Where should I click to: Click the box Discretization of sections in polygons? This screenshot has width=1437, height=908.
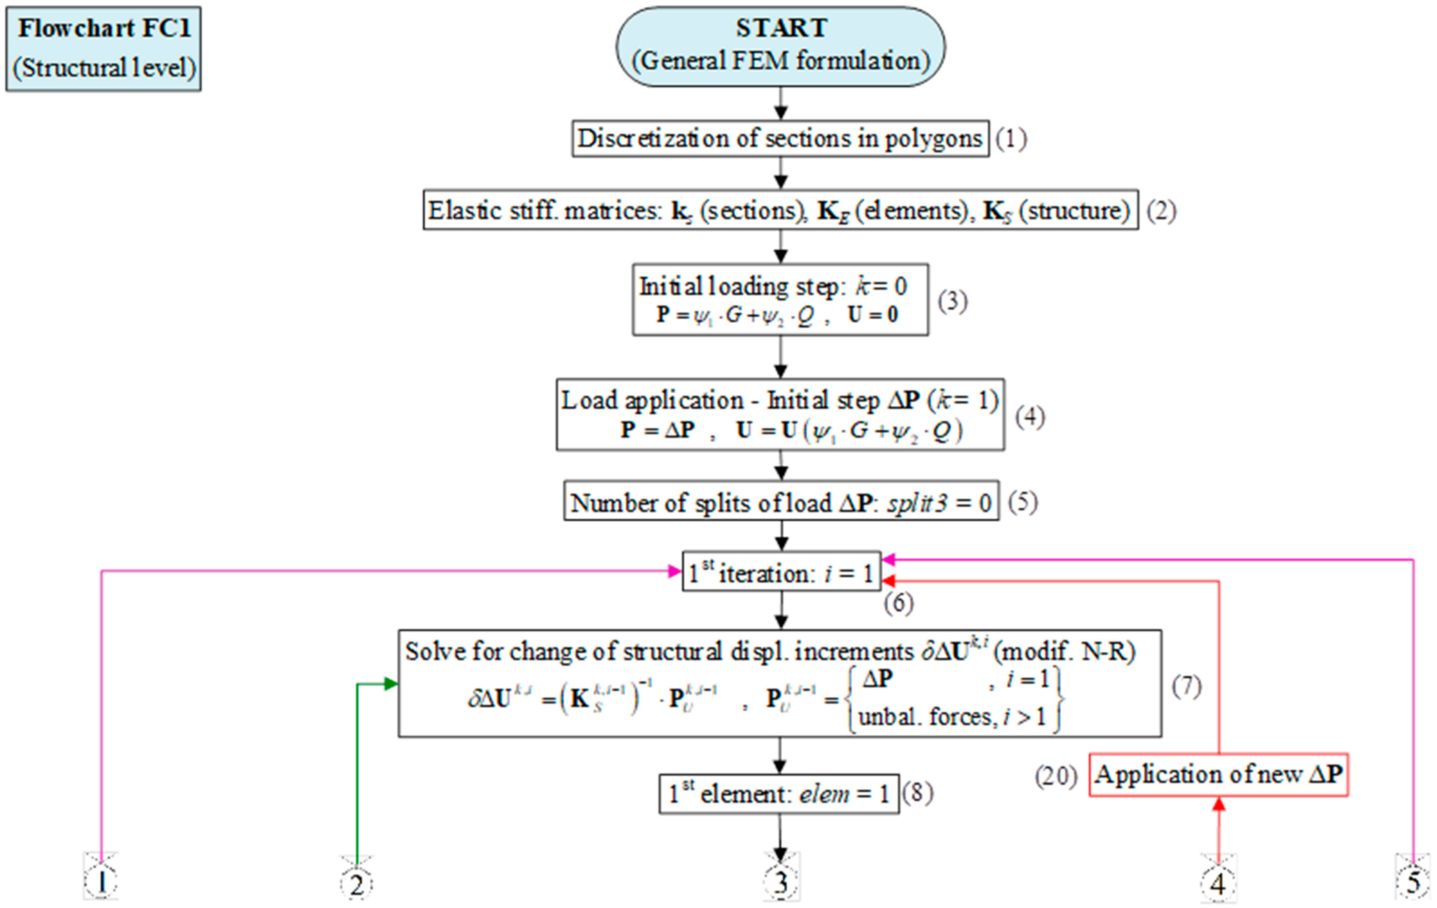click(x=780, y=138)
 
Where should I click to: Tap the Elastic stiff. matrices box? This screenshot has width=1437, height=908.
click(x=780, y=210)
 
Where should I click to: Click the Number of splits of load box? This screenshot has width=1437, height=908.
click(x=781, y=501)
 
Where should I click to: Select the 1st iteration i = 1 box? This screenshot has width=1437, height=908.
click(x=781, y=572)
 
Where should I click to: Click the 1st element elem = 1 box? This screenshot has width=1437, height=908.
click(x=779, y=793)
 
